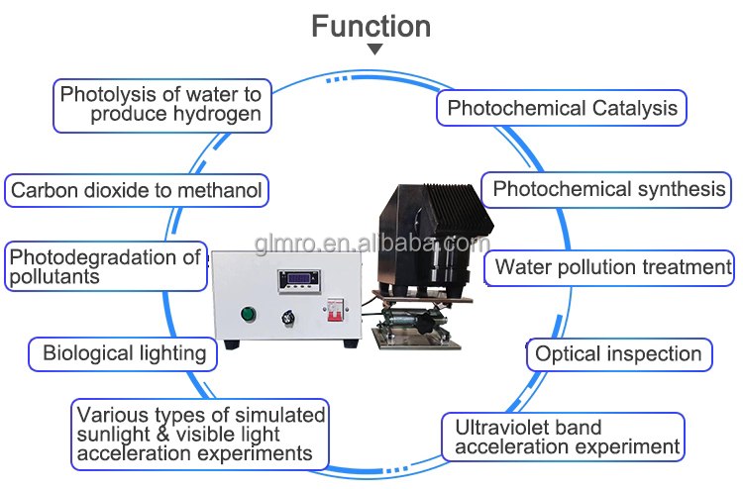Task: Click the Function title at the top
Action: point(371,26)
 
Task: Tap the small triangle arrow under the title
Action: point(374,49)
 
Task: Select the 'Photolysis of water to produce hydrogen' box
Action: point(161,104)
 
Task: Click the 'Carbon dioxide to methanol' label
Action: point(137,190)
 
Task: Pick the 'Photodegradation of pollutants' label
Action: point(105,266)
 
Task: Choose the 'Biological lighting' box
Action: point(124,352)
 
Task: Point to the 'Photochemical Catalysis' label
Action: point(562,108)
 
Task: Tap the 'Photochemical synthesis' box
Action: point(608,189)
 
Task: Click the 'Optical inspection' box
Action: point(618,353)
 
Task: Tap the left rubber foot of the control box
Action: point(232,344)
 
